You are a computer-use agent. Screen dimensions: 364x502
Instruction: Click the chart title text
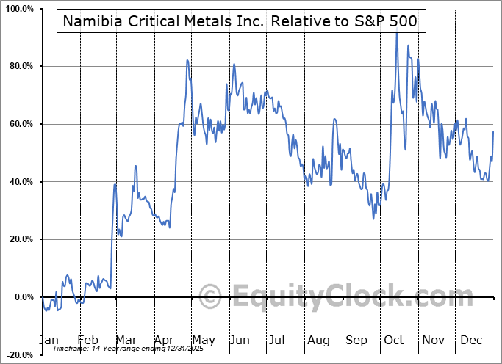240,21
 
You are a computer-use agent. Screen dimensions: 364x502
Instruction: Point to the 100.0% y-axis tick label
18,10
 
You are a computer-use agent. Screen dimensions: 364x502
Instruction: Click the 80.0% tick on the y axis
20,67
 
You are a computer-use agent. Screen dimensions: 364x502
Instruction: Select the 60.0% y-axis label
20,124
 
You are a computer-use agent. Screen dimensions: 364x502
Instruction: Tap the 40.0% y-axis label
20,182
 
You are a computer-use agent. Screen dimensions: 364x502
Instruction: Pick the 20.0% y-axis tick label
20,239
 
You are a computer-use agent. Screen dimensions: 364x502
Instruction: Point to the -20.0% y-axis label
18,354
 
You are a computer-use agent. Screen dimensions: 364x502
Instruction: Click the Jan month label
48,341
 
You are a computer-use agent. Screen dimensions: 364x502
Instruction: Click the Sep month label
356,341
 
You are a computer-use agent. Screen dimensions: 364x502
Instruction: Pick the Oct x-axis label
394,341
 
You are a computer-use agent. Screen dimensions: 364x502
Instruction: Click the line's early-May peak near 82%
187,60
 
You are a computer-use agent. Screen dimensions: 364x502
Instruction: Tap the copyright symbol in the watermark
211,297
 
